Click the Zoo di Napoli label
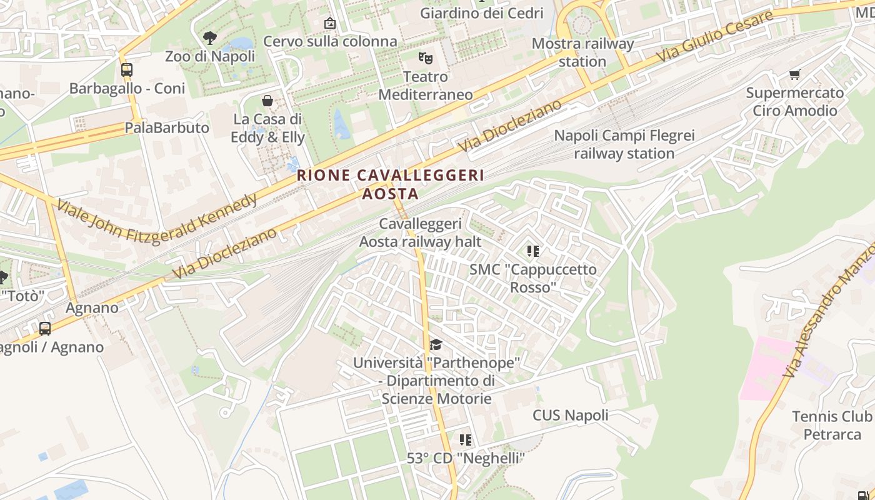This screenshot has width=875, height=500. (210, 56)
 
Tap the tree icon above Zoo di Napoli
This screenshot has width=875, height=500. (210, 38)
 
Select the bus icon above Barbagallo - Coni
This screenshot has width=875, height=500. (127, 70)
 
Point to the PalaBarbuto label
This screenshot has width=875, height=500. (167, 128)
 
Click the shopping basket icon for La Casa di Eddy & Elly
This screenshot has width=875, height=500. (267, 101)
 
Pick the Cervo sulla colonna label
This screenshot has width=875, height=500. (330, 41)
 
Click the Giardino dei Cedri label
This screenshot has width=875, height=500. (482, 13)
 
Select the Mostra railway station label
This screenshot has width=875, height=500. (582, 52)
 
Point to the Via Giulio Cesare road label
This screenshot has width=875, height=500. (715, 37)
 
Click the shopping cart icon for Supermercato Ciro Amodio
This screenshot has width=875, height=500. (794, 75)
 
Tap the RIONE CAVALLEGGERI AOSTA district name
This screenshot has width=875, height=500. (391, 184)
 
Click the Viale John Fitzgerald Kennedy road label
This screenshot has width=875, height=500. (156, 219)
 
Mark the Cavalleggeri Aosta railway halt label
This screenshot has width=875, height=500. (421, 232)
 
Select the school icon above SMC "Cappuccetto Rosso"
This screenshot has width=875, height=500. (533, 251)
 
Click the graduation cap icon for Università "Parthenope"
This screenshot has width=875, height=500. (436, 345)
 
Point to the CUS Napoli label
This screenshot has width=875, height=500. (570, 416)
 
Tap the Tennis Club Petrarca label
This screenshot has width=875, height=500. (832, 425)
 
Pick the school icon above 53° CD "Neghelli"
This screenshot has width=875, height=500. (466, 440)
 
